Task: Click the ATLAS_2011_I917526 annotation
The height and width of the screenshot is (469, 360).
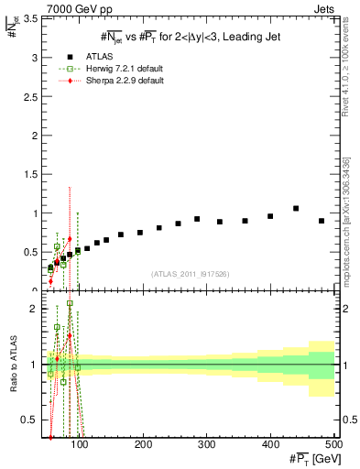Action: coord(190,274)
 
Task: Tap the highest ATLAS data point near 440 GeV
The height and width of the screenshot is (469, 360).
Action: coord(296,209)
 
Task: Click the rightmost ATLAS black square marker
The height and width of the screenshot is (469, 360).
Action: coord(322,221)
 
